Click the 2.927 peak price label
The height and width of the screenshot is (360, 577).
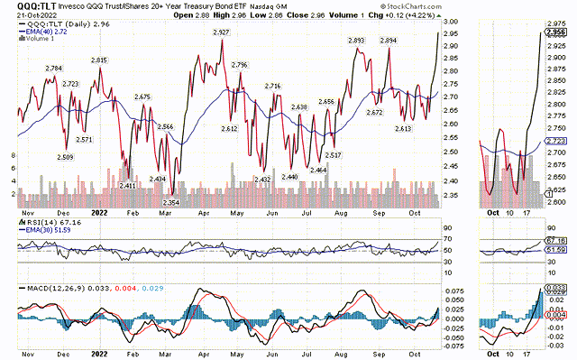point(221,32)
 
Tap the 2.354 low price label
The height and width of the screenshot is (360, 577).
point(170,203)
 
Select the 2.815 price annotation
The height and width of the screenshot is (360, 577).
point(100,60)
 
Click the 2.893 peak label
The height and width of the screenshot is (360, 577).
point(356,41)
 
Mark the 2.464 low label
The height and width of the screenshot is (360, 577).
point(318,171)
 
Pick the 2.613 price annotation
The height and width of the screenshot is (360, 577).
point(403,129)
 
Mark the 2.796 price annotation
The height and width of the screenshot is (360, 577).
point(238,66)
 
